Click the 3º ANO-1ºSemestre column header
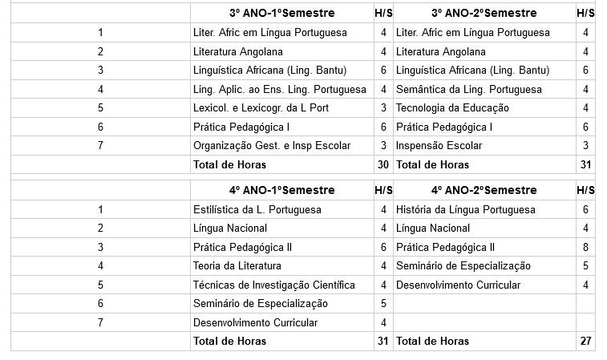[x=281, y=14]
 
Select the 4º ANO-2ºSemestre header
[x=484, y=191]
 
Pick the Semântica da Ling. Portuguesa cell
[x=469, y=89]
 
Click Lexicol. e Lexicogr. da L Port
[x=261, y=107]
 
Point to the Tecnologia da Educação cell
[x=452, y=107]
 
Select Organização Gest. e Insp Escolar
[x=272, y=145]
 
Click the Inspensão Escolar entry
[x=439, y=145]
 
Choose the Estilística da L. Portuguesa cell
[x=257, y=209]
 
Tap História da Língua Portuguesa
[x=465, y=209]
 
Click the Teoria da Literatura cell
[x=237, y=265]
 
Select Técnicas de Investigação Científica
[x=273, y=285]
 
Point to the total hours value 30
[x=383, y=164]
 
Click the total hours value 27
[x=586, y=341]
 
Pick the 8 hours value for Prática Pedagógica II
[x=586, y=247]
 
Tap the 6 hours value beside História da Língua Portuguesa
[x=586, y=209]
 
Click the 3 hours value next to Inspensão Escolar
[x=586, y=145]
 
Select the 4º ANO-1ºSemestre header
[x=281, y=191]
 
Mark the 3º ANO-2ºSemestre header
[x=484, y=14]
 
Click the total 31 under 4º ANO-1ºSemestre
[x=383, y=341]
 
